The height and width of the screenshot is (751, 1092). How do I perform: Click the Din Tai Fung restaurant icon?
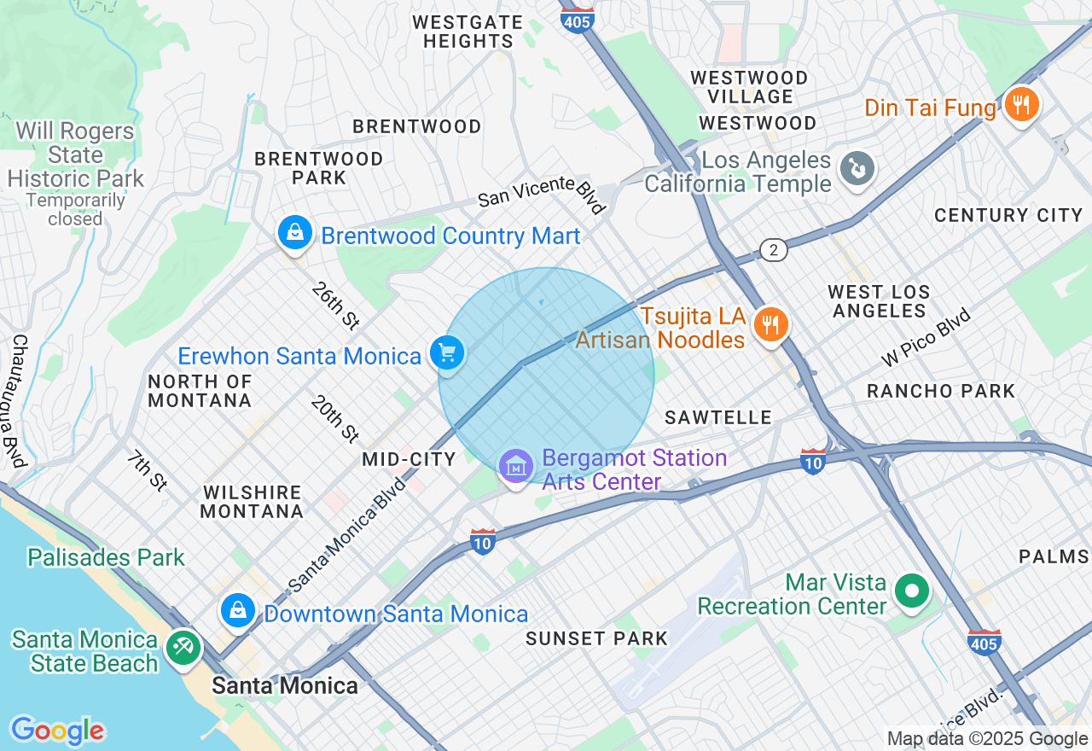[1020, 106]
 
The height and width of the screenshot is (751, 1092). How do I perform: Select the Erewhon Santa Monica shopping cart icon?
[447, 352]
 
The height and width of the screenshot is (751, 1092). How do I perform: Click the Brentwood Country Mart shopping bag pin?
[294, 232]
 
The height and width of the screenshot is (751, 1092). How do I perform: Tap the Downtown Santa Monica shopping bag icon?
[238, 611]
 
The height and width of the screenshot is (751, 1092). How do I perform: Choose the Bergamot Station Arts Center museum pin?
[516, 467]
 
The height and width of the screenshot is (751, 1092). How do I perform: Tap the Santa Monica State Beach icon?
[183, 647]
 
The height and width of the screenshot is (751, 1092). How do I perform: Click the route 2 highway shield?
[773, 250]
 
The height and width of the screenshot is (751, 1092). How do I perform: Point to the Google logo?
[57, 731]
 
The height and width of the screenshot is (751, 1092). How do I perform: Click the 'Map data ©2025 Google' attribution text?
[987, 739]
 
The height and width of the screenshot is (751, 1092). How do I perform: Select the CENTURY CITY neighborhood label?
[1008, 215]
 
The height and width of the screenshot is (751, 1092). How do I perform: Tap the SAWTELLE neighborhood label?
[718, 417]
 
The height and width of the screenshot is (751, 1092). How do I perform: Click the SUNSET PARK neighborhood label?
[596, 638]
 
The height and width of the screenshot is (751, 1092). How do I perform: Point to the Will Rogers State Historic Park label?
[76, 155]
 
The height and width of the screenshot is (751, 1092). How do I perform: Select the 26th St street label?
[335, 306]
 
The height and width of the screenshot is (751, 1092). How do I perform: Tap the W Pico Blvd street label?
[926, 337]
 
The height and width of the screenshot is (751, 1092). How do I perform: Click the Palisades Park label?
[106, 558]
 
